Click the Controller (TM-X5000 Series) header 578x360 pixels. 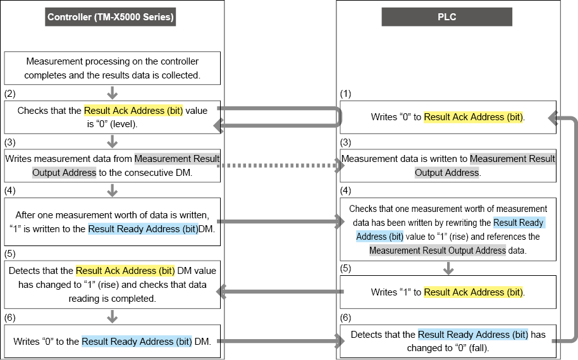110,17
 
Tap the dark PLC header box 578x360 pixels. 446,17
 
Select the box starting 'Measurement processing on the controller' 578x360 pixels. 113,68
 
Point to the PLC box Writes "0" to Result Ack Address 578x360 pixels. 448,117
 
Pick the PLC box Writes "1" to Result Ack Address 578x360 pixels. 448,292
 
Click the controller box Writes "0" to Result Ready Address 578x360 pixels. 113,342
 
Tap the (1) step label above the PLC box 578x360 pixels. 345,94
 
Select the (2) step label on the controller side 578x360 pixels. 10,94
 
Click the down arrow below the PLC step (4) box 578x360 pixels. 448,268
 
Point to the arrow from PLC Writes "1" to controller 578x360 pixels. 280,292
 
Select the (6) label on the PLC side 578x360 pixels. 345,318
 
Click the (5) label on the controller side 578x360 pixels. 10,254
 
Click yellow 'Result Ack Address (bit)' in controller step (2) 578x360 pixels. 133,111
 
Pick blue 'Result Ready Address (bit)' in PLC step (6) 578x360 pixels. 473,335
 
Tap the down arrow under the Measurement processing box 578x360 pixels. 113,93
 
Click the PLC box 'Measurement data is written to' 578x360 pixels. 448,166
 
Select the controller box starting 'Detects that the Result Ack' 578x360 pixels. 113,285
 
